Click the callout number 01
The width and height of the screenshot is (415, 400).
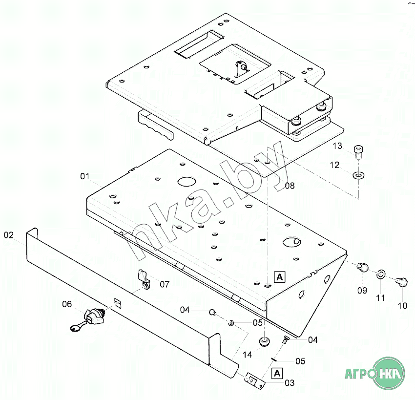pos(85,176)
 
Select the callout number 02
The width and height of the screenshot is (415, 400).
pos(8,235)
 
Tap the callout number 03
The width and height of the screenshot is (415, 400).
pos(290,383)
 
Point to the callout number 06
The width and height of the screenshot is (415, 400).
pos(67,304)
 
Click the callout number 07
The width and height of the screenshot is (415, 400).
pos(165,284)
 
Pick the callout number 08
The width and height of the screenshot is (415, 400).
pos(290,186)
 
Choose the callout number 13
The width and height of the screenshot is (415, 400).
pos(337,146)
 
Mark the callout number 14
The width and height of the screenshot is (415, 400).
pos(248,355)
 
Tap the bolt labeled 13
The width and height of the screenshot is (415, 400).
pos(358,152)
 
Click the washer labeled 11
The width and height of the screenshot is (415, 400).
pos(381,274)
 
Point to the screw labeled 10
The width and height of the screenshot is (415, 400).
pos(401,281)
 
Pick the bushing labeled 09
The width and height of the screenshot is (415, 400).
pos(362,267)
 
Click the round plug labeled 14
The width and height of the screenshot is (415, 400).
pos(265,341)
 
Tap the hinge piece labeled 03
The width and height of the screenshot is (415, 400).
pos(255,380)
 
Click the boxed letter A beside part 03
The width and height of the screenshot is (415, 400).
pos(277,373)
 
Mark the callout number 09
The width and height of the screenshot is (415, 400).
pos(362,291)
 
